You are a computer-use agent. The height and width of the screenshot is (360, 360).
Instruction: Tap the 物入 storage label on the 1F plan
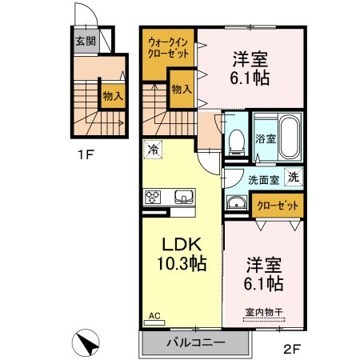click(x=112, y=96)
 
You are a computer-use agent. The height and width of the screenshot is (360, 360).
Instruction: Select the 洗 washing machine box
click(x=294, y=178)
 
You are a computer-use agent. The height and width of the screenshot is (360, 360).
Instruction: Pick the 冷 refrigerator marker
click(x=152, y=149)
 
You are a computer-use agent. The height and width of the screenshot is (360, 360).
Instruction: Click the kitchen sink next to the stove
click(x=182, y=197)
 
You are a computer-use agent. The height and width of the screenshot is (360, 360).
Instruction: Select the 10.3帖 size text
click(x=180, y=262)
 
